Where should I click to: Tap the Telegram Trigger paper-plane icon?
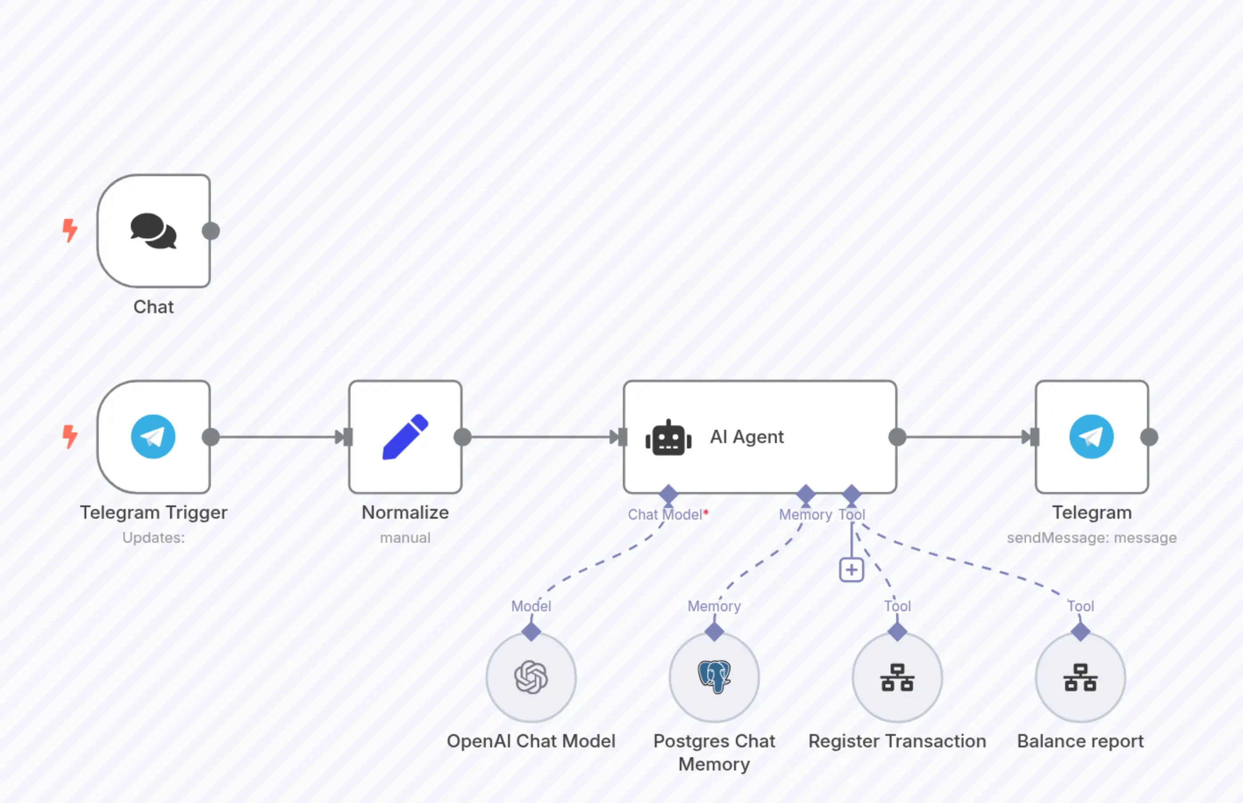pyautogui.click(x=153, y=436)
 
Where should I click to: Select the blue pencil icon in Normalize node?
pyautogui.click(x=405, y=436)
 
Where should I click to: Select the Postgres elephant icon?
pyautogui.click(x=714, y=676)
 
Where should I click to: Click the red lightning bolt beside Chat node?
pyautogui.click(x=69, y=230)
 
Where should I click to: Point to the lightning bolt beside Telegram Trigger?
pyautogui.click(x=69, y=436)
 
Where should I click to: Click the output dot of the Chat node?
pyautogui.click(x=210, y=230)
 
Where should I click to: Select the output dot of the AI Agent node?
pyautogui.click(x=897, y=436)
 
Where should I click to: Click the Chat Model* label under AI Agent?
pyautogui.click(x=667, y=515)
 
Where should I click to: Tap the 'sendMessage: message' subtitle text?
pyautogui.click(x=1091, y=537)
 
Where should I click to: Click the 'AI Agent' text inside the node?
pyautogui.click(x=747, y=436)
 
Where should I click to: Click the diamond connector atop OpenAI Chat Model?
pyautogui.click(x=531, y=631)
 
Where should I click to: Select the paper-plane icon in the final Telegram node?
pyautogui.click(x=1091, y=436)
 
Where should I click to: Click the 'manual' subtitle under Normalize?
pyautogui.click(x=405, y=537)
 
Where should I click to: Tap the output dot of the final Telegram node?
pyautogui.click(x=1149, y=436)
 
